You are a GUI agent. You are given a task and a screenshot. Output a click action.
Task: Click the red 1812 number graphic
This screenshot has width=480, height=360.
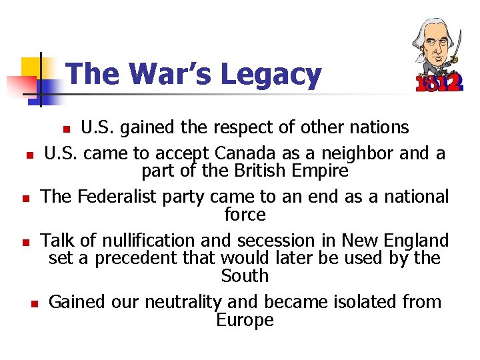(x=437, y=82)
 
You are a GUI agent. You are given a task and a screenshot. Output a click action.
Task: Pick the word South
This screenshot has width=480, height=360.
(x=245, y=276)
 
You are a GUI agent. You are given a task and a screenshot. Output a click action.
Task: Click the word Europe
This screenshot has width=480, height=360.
(x=245, y=320)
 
